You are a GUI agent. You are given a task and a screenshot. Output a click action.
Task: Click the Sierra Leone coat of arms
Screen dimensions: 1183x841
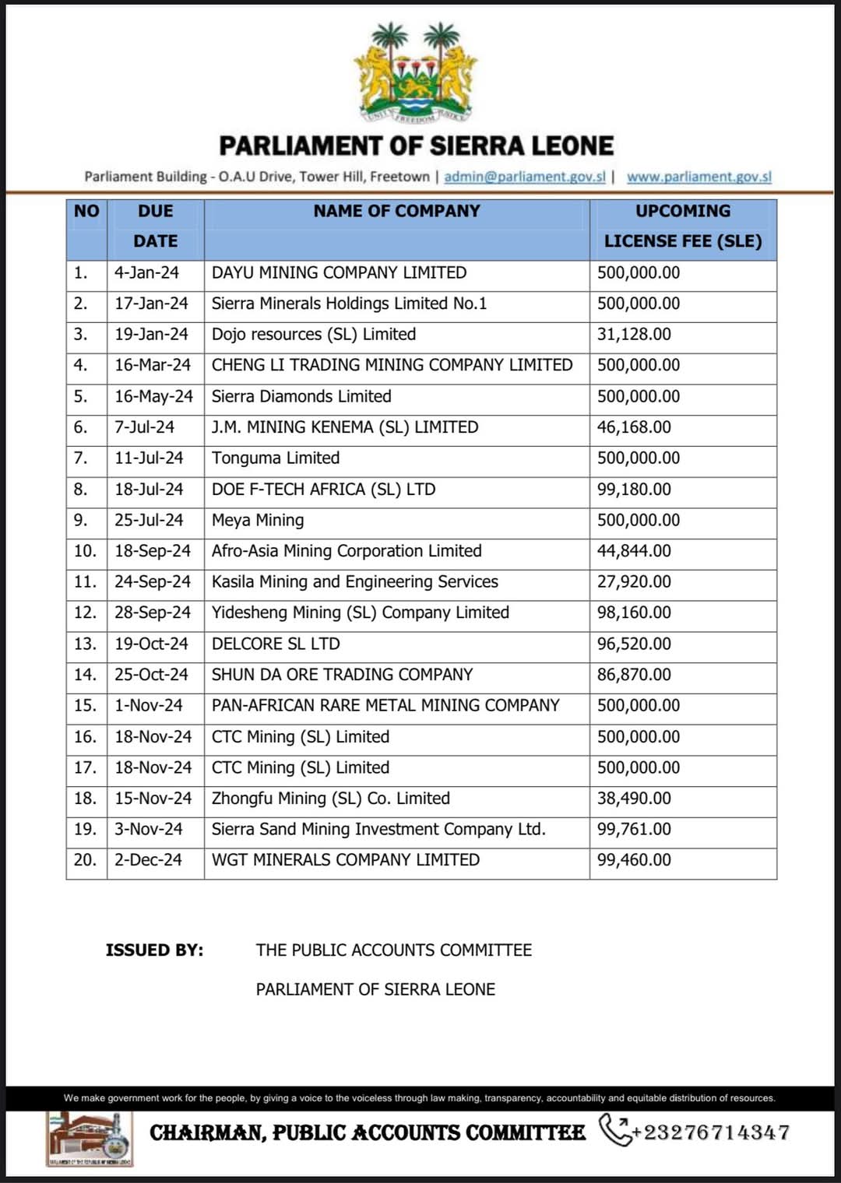pyautogui.click(x=416, y=72)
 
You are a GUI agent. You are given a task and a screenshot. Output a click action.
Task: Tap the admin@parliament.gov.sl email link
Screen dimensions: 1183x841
pyautogui.click(x=524, y=177)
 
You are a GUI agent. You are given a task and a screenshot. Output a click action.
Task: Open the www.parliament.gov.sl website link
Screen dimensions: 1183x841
pyautogui.click(x=698, y=177)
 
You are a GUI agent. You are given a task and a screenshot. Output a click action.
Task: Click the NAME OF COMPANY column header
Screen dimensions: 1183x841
pyautogui.click(x=396, y=211)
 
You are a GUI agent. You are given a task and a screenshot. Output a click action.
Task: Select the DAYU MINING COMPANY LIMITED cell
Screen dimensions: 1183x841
pyautogui.click(x=339, y=273)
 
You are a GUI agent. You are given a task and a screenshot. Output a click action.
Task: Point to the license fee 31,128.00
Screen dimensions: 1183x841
pyautogui.click(x=634, y=335)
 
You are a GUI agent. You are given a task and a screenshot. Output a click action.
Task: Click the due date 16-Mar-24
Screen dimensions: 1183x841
pyautogui.click(x=153, y=365)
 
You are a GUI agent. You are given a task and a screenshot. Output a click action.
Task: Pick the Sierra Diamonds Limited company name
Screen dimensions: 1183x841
pyautogui.click(x=301, y=396)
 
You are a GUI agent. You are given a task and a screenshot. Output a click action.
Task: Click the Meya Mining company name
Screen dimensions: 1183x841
pyautogui.click(x=258, y=520)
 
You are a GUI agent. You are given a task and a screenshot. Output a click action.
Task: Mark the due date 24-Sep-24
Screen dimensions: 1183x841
pyautogui.click(x=153, y=582)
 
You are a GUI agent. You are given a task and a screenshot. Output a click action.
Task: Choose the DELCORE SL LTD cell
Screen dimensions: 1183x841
pyautogui.click(x=276, y=644)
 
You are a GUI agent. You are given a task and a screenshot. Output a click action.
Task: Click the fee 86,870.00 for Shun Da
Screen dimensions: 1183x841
pyautogui.click(x=634, y=675)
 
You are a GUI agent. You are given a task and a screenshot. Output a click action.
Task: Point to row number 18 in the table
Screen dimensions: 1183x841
pyautogui.click(x=85, y=799)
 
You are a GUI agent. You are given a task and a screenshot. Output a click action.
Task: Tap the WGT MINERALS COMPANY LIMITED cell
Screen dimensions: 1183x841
pyautogui.click(x=345, y=860)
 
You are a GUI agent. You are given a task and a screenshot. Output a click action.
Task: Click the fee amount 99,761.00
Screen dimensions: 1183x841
pyautogui.click(x=634, y=830)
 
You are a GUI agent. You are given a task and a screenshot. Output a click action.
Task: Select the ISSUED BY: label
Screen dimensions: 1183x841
pyautogui.click(x=154, y=950)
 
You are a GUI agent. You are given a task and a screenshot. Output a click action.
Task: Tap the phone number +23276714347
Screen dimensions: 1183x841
pyautogui.click(x=710, y=1132)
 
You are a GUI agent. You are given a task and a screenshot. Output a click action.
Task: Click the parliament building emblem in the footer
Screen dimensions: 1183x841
pyautogui.click(x=89, y=1139)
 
